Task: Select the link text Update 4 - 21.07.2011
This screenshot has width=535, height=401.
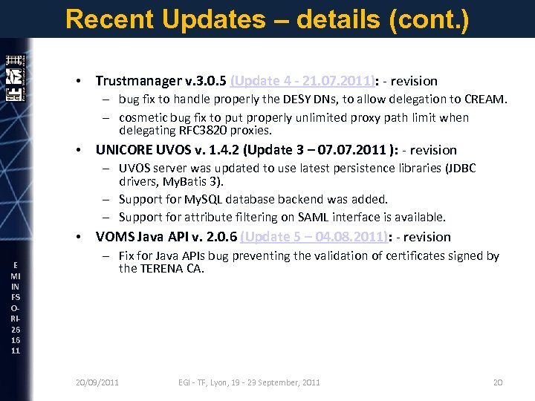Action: coord(305,81)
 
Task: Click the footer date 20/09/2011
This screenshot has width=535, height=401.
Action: coord(97,382)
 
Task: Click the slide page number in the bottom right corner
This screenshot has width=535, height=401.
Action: coord(498,382)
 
